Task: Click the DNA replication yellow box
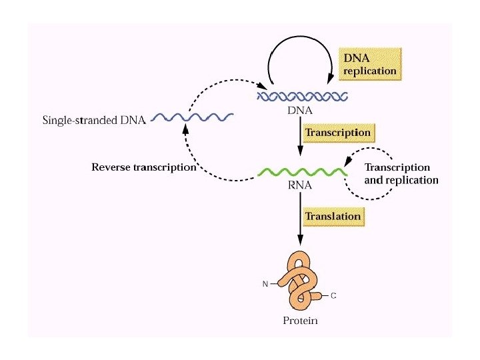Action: tap(369, 62)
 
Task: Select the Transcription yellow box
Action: tap(337, 133)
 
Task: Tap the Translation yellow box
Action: tap(333, 217)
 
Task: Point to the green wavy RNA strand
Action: tap(301, 173)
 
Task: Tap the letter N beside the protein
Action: tap(265, 285)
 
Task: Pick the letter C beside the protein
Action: tap(333, 295)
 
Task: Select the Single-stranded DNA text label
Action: tap(94, 120)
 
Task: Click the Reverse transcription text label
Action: tap(143, 167)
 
